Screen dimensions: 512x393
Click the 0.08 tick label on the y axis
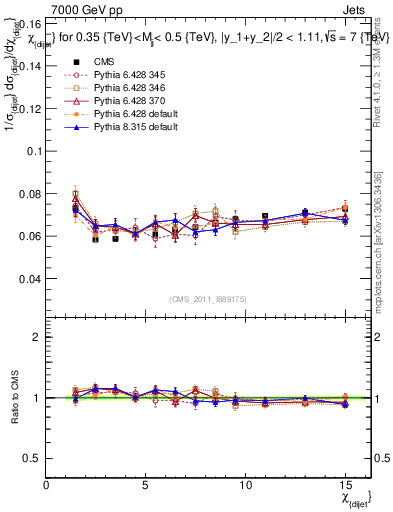[29, 194]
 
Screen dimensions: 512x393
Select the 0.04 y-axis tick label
[29, 279]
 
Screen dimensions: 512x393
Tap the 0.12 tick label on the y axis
[29, 108]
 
